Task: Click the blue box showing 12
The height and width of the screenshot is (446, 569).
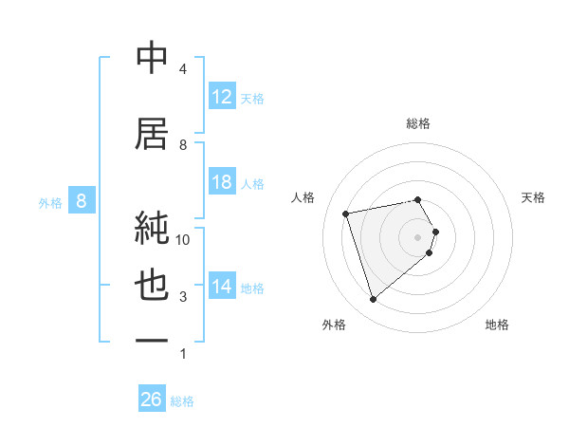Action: point(221,97)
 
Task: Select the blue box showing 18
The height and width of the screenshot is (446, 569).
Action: point(221,182)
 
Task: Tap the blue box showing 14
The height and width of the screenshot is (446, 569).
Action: point(221,287)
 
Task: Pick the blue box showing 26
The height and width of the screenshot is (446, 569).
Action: point(151,400)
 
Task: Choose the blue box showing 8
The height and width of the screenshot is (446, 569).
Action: point(82,200)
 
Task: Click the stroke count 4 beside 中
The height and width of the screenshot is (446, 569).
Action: point(183,69)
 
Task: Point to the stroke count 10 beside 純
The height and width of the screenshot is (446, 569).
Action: point(183,239)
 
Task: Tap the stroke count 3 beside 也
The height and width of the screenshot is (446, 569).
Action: point(183,297)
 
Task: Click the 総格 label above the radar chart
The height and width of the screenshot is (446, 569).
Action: point(418,123)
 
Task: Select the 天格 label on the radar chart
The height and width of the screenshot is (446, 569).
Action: point(534,197)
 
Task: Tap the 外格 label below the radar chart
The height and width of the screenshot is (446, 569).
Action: point(334,325)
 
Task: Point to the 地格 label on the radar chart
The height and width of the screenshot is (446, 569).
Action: point(497,325)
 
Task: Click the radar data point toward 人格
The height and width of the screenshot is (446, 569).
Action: point(346,213)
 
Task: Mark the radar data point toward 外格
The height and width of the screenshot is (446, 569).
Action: point(373,300)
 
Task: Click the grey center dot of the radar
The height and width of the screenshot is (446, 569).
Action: point(417,235)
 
